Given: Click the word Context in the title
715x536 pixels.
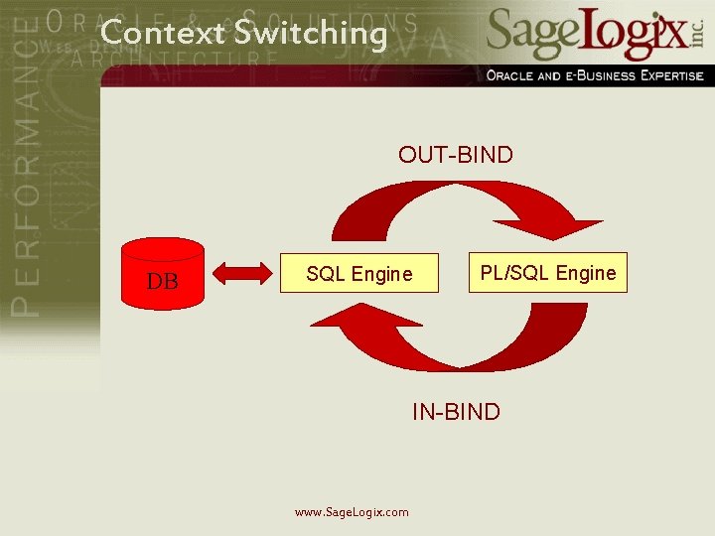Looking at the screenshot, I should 163,33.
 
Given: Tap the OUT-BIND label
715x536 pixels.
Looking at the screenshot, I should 456,155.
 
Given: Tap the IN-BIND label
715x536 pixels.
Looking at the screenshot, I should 456,411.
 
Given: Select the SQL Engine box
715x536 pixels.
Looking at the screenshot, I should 358,274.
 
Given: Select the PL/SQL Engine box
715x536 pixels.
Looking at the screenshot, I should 548,273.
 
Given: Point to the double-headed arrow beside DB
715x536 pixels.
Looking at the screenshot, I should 243,272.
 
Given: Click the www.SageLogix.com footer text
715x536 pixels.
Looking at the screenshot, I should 352,512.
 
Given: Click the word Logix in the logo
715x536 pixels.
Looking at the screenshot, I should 635,35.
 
